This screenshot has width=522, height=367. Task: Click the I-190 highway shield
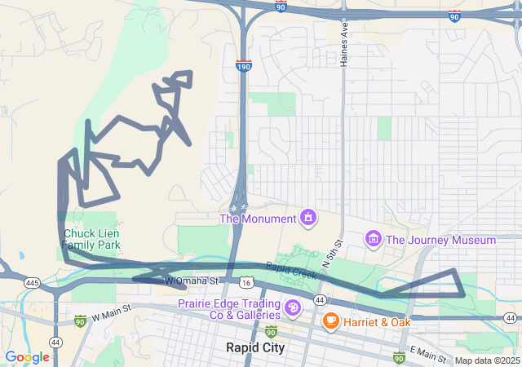[x=243, y=65]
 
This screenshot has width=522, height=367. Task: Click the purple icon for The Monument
[x=308, y=218]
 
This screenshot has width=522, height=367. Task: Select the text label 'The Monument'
[x=257, y=219]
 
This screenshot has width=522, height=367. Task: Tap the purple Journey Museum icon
[x=374, y=239]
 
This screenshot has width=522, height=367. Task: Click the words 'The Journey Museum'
[x=440, y=240]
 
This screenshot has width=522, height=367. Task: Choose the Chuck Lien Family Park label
[x=92, y=238]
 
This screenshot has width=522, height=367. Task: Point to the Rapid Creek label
[x=291, y=270]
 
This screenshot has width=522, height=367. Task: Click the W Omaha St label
[x=192, y=281]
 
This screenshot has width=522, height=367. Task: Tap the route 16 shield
[x=246, y=281]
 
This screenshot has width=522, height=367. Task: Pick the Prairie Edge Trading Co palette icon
[x=292, y=308]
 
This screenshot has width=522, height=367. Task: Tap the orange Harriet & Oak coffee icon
[x=331, y=321]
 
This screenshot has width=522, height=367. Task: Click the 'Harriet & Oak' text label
[x=376, y=322]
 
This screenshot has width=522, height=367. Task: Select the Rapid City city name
[x=255, y=347]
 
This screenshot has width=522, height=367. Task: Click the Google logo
[x=27, y=357]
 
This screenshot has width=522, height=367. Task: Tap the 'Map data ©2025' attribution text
[x=487, y=360]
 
